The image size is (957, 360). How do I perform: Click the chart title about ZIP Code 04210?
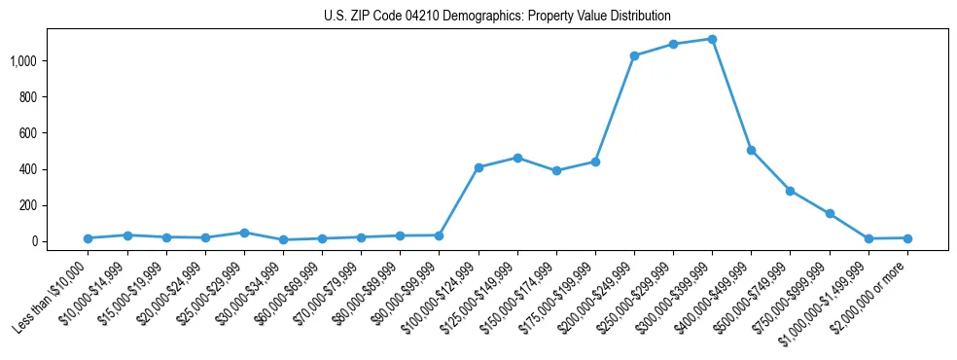pyautogui.click(x=497, y=16)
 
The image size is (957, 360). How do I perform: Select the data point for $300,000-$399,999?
pyautogui.click(x=712, y=39)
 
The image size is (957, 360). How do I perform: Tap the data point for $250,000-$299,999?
pyautogui.click(x=673, y=44)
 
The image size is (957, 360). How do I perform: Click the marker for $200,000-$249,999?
pyautogui.click(x=634, y=55)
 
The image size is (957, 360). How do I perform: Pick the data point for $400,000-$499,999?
pyautogui.click(x=751, y=150)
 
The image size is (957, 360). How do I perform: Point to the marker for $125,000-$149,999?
pyautogui.click(x=517, y=158)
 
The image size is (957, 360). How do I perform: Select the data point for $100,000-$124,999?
pyautogui.click(x=478, y=167)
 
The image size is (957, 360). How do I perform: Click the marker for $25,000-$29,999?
pyautogui.click(x=244, y=233)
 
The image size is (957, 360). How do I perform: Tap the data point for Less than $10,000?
pyautogui.click(x=88, y=238)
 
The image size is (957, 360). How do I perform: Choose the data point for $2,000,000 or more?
pyautogui.click(x=907, y=238)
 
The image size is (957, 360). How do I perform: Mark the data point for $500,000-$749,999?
pyautogui.click(x=790, y=191)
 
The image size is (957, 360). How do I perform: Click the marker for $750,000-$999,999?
pyautogui.click(x=830, y=213)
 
